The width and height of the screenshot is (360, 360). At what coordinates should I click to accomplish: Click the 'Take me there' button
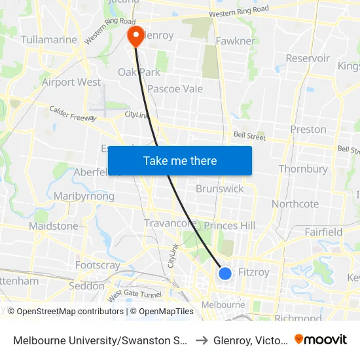click(x=180, y=160)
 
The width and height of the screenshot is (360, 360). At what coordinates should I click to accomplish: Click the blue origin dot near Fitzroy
click(x=225, y=273)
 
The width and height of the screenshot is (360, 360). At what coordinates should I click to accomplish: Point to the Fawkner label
click(x=236, y=41)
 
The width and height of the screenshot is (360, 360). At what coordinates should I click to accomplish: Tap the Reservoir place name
click(x=308, y=58)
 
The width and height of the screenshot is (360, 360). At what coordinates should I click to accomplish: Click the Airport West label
click(x=71, y=82)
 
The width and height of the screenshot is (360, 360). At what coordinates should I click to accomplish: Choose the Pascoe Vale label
click(x=175, y=89)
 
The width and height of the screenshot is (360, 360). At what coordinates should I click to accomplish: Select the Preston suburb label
click(x=308, y=130)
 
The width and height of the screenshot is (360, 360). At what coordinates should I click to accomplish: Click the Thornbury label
click(x=303, y=169)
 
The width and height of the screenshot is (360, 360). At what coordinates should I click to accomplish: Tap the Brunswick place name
click(x=220, y=189)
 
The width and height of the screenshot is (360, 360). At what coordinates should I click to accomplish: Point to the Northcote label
click(x=295, y=204)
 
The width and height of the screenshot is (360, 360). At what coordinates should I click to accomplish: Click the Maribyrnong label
click(x=84, y=196)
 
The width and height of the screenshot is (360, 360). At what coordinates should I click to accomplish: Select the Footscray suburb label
click(x=98, y=266)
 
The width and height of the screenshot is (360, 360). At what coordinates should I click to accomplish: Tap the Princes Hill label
click(x=230, y=226)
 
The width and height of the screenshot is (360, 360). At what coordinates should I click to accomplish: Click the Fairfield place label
click(x=323, y=232)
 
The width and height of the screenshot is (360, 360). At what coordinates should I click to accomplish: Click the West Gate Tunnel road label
click(x=134, y=295)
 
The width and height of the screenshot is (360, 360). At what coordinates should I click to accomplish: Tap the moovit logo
click(x=321, y=339)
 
